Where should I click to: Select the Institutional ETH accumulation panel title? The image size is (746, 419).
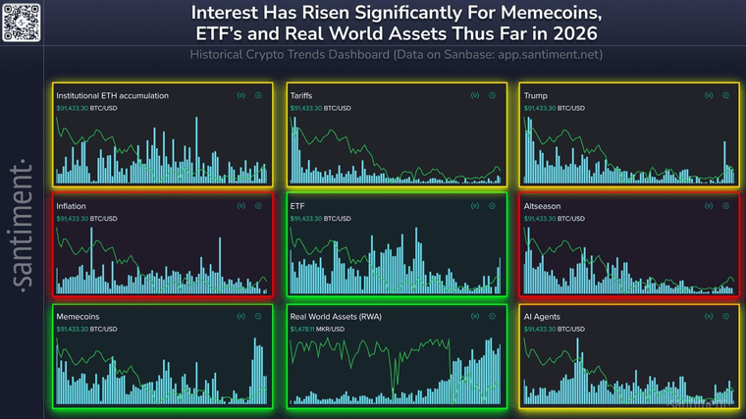(112, 95)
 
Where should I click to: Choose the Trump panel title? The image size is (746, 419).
(536, 95)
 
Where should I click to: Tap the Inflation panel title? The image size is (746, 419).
(71, 206)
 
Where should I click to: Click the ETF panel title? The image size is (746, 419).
(297, 206)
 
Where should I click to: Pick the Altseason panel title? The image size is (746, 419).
(543, 206)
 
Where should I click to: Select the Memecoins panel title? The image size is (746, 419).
(78, 317)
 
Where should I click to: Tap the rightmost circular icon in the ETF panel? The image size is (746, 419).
(492, 206)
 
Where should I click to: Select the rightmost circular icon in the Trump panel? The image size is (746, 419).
(725, 95)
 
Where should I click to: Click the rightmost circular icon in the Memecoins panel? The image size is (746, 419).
(258, 317)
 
